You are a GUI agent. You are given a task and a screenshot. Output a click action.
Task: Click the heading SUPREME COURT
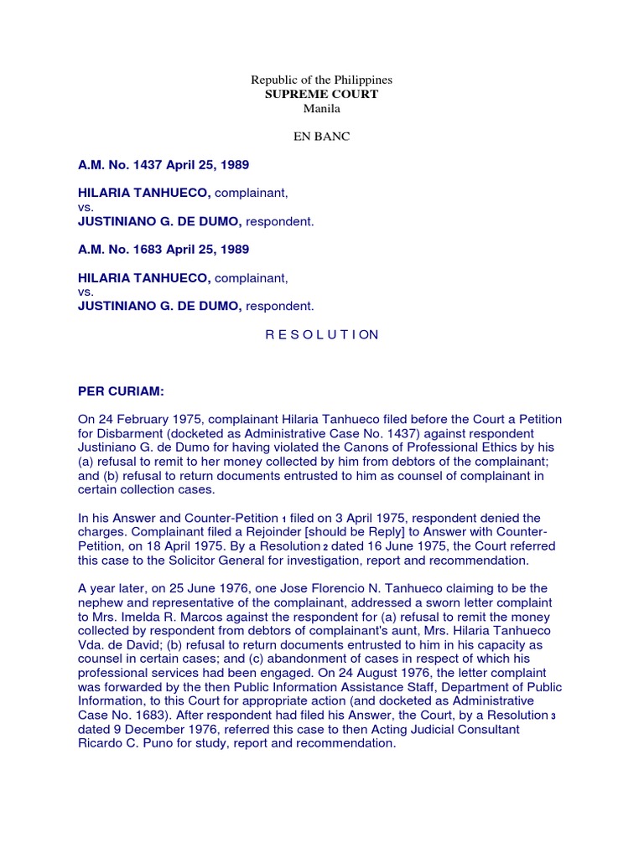click(x=322, y=94)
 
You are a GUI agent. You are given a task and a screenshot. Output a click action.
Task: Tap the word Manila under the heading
click(x=322, y=108)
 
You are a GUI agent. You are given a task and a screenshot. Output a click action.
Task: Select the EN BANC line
click(x=322, y=137)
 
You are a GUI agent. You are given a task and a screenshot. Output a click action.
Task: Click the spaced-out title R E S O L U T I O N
click(x=322, y=334)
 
